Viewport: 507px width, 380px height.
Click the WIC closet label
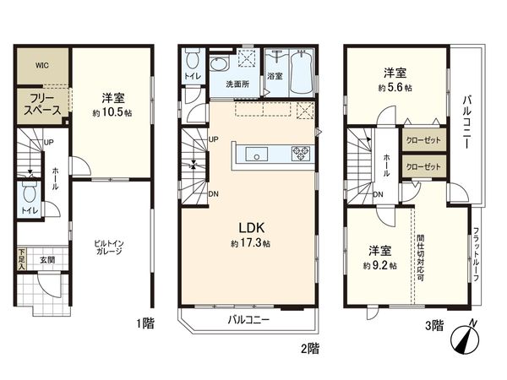pyautogui.click(x=41, y=63)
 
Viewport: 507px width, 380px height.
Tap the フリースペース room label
pyautogui.click(x=41, y=104)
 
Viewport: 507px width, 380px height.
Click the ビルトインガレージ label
pyautogui.click(x=111, y=247)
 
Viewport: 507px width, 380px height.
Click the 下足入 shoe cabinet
pyautogui.click(x=23, y=257)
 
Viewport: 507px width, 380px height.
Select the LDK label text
pyautogui.click(x=246, y=227)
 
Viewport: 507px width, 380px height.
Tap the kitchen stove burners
pyautogui.click(x=301, y=153)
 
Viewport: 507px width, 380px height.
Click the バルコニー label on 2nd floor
pyautogui.click(x=246, y=320)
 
